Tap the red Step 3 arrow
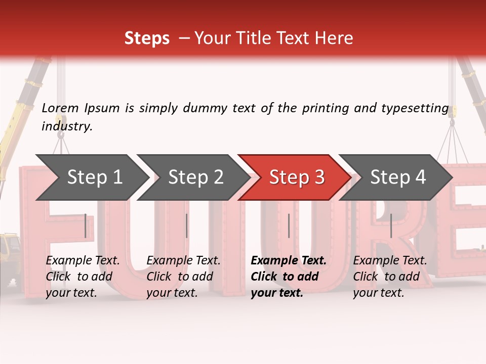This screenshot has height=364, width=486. click(297, 177)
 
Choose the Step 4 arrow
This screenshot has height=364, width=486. click(398, 177)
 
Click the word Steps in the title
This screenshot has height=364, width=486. click(147, 38)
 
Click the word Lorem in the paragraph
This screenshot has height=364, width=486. click(60, 108)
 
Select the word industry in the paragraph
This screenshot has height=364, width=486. click(67, 126)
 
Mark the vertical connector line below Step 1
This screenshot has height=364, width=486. click(86, 225)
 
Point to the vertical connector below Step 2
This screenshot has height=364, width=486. click(187, 225)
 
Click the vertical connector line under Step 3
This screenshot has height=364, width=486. click(289, 225)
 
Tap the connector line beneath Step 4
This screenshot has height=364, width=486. click(391, 225)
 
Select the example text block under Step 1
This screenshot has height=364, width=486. click(83, 277)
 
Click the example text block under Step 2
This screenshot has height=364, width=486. click(183, 277)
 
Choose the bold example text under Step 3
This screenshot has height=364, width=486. click(289, 277)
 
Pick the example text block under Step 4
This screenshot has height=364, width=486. click(390, 277)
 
